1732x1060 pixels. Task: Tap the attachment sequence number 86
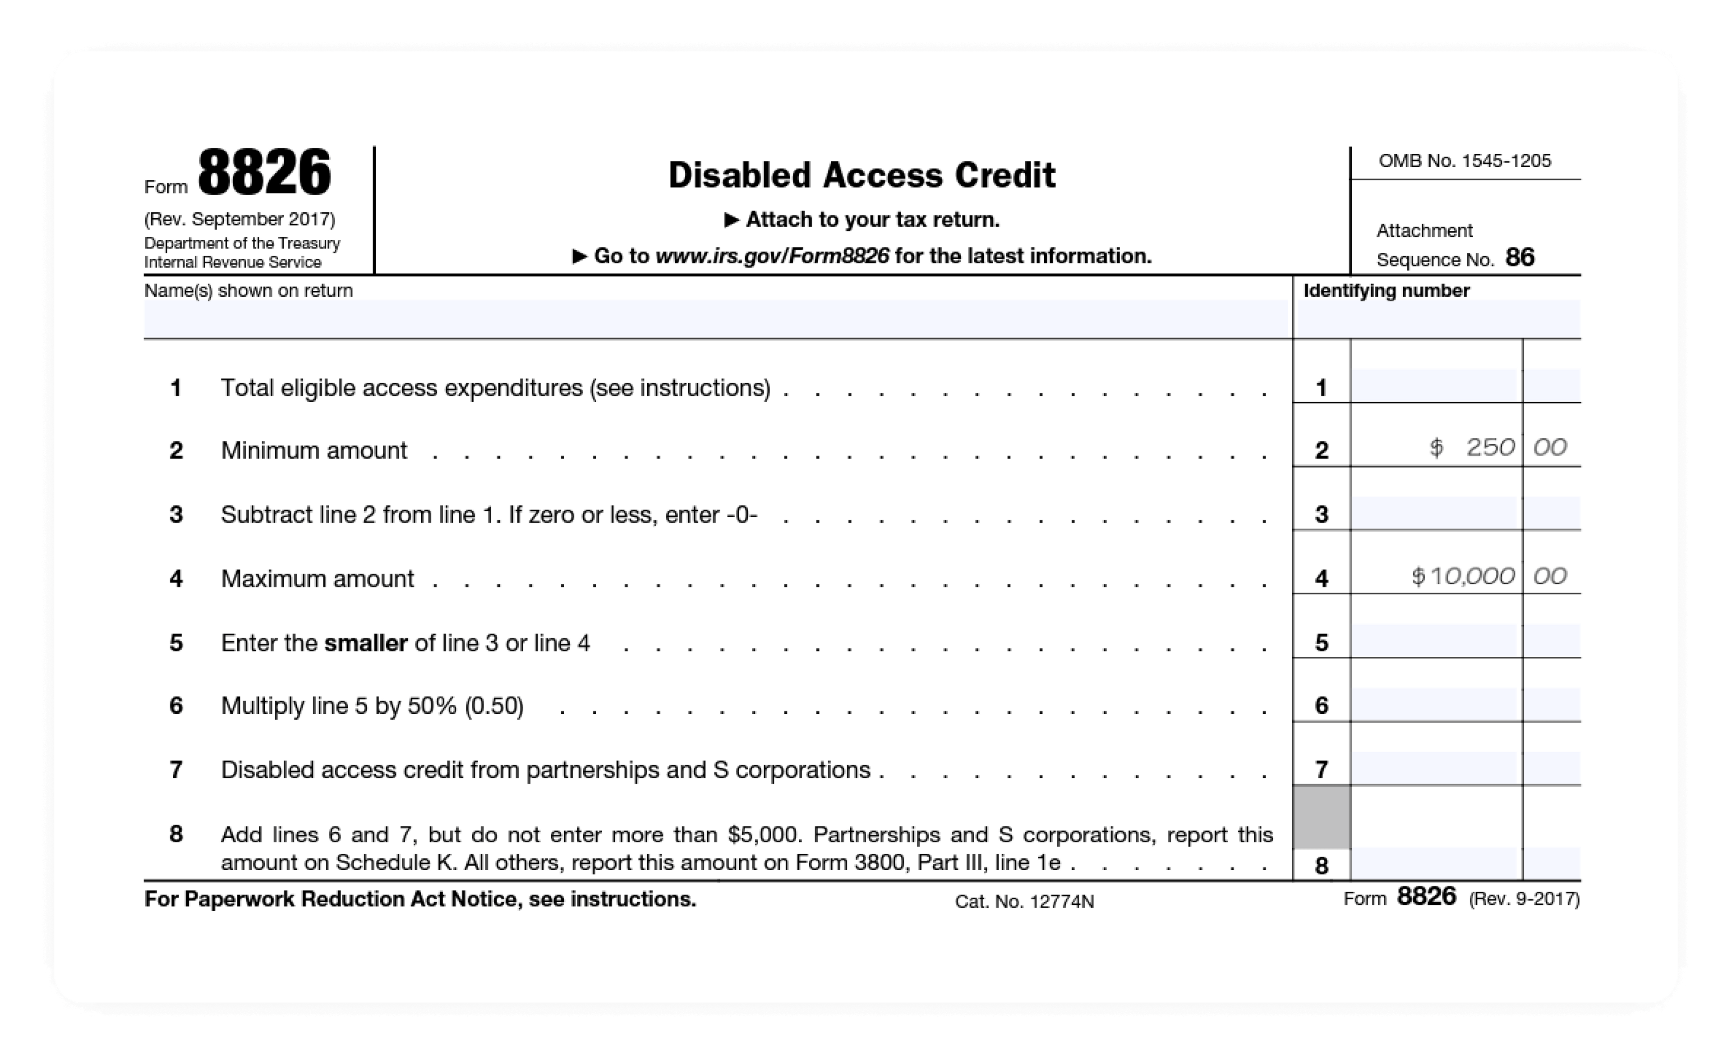[x=1520, y=258]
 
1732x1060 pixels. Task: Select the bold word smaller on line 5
[x=365, y=643]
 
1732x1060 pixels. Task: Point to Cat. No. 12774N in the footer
[x=1024, y=902]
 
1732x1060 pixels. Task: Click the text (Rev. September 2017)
[x=240, y=219]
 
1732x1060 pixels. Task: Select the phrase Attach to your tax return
[x=871, y=220]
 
